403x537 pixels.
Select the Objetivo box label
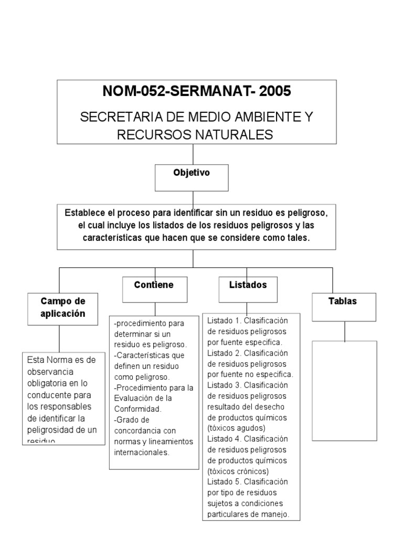point(192,173)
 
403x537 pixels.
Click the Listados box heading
point(248,285)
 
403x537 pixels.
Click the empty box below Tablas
point(344,391)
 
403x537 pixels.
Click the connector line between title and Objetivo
point(193,154)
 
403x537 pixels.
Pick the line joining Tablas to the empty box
point(344,331)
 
